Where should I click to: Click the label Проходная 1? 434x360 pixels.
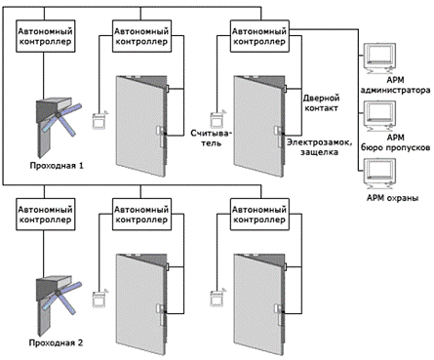[57, 166]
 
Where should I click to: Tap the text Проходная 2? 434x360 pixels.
[56, 342]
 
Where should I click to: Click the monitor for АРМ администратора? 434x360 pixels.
[378, 59]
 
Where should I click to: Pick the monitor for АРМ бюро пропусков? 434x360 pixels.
[378, 116]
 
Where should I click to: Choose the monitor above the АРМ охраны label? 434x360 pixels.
[378, 174]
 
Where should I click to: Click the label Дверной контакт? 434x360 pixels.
[321, 102]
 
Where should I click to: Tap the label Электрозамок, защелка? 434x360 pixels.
[319, 147]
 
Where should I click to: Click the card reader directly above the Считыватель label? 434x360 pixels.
[217, 119]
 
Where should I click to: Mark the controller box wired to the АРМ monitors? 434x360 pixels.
[259, 36]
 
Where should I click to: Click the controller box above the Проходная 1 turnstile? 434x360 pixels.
[46, 36]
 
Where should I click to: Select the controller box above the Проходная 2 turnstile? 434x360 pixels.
[46, 215]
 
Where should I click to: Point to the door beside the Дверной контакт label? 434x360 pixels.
[260, 126]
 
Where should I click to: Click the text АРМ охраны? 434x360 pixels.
[392, 198]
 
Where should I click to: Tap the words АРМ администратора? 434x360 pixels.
[395, 85]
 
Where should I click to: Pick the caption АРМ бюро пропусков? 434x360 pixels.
[395, 142]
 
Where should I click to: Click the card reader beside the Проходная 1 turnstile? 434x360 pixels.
[99, 120]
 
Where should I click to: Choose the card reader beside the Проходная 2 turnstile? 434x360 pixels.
[99, 298]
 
